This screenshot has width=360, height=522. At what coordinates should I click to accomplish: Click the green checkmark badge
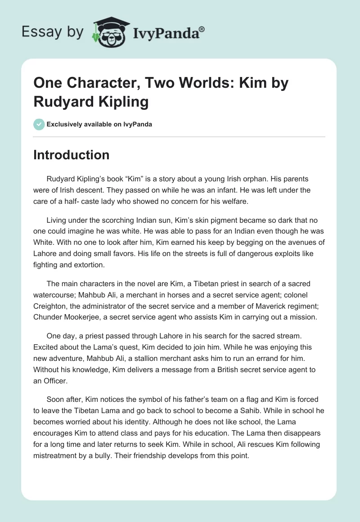pos(39,124)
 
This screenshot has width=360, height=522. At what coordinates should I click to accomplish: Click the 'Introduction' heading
pos(71,155)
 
